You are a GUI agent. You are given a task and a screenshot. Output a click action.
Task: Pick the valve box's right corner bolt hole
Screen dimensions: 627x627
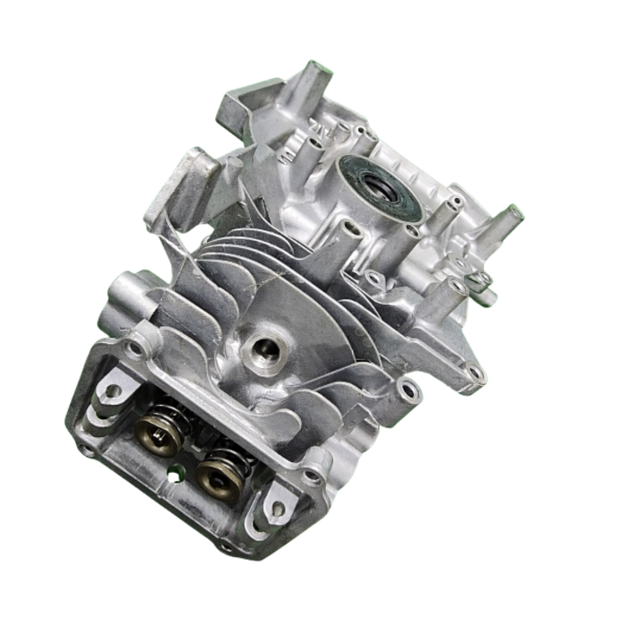(x=313, y=475)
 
